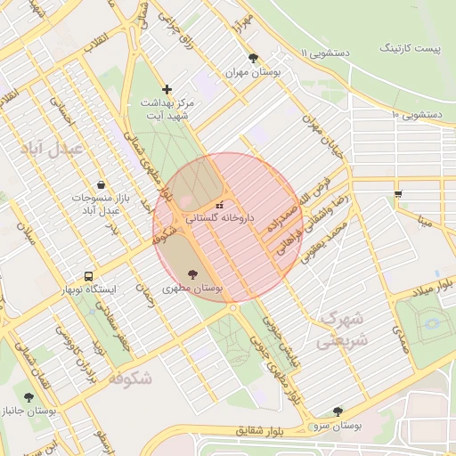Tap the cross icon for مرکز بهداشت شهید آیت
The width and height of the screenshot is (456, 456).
[167, 89]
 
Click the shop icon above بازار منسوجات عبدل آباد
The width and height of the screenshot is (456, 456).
[101, 183]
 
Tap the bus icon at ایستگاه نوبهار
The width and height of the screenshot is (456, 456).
[88, 276]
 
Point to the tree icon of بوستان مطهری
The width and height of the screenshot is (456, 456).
[193, 274]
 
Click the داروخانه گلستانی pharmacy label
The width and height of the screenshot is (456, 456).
[220, 217]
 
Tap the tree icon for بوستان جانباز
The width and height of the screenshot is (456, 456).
[28, 397]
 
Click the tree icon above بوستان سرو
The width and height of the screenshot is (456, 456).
[337, 411]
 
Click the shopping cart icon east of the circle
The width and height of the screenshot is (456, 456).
[397, 193]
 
